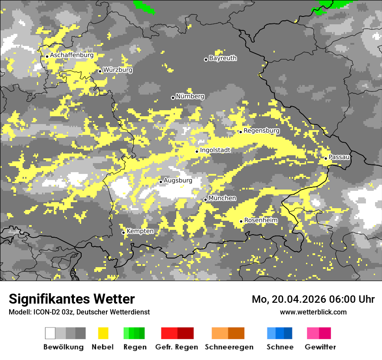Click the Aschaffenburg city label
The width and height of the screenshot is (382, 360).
pyautogui.click(x=72, y=56)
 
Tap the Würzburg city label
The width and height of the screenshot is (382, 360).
pyautogui.click(x=118, y=70)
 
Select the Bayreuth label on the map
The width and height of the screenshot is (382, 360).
pyautogui.click(x=223, y=58)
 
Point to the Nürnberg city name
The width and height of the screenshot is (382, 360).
pyautogui.click(x=190, y=96)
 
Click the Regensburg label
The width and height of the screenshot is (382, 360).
pyautogui.click(x=261, y=131)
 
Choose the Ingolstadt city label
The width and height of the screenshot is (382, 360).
pyautogui.click(x=215, y=150)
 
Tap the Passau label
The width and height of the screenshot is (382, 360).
pyautogui.click(x=339, y=157)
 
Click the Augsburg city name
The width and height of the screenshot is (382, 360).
pyautogui.click(x=178, y=180)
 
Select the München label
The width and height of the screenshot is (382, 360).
pyautogui.click(x=222, y=198)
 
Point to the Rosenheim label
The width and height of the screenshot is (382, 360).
pyautogui.click(x=261, y=220)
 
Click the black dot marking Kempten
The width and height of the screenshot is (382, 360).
pyautogui.click(x=123, y=232)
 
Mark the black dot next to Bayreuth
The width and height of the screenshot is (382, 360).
pyautogui.click(x=206, y=59)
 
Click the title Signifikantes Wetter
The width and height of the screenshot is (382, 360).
pyautogui.click(x=72, y=299)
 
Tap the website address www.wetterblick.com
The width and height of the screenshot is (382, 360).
pyautogui.click(x=313, y=312)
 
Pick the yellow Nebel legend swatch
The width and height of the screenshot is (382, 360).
pyautogui.click(x=103, y=333)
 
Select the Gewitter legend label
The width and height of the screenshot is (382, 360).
pyautogui.click(x=320, y=347)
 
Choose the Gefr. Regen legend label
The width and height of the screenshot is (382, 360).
pyautogui.click(x=177, y=347)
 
